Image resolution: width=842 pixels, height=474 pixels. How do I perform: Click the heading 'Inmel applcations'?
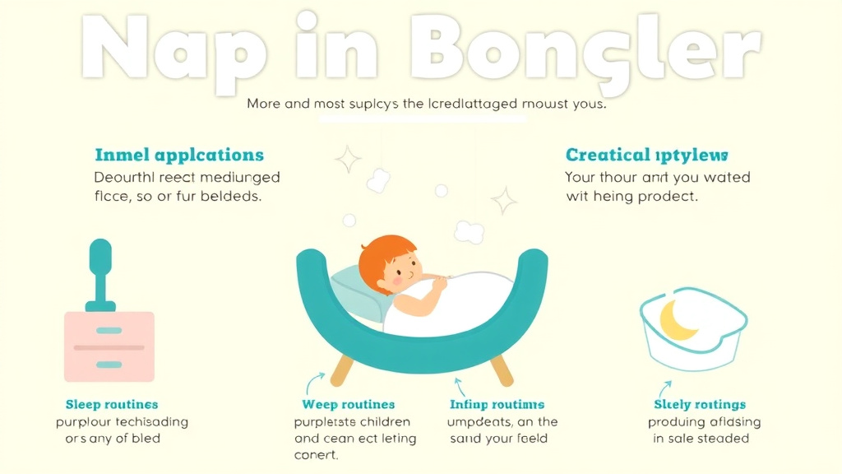179,155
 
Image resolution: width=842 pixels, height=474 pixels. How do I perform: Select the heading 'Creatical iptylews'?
646,155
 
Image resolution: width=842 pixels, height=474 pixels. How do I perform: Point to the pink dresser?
109,346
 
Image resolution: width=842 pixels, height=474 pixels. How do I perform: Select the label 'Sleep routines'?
112,404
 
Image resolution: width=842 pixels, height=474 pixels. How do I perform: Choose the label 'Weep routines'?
348,404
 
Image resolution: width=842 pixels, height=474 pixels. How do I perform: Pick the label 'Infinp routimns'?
497,404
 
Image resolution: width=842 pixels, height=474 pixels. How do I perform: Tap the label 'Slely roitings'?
700,404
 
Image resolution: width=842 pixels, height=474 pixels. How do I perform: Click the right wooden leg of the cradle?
501,370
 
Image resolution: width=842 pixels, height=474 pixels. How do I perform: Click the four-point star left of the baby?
347,159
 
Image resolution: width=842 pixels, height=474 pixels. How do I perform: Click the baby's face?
403,268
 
